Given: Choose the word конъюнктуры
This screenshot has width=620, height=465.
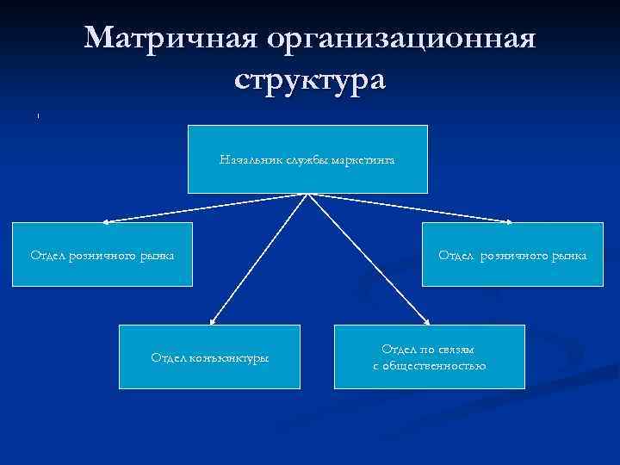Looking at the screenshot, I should point(229,356).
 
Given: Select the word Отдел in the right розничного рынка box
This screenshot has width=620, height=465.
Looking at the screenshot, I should point(457,255).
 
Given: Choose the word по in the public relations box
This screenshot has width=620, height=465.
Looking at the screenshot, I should point(428,348).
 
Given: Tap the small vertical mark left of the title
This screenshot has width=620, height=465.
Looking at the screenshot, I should point(39,115).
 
